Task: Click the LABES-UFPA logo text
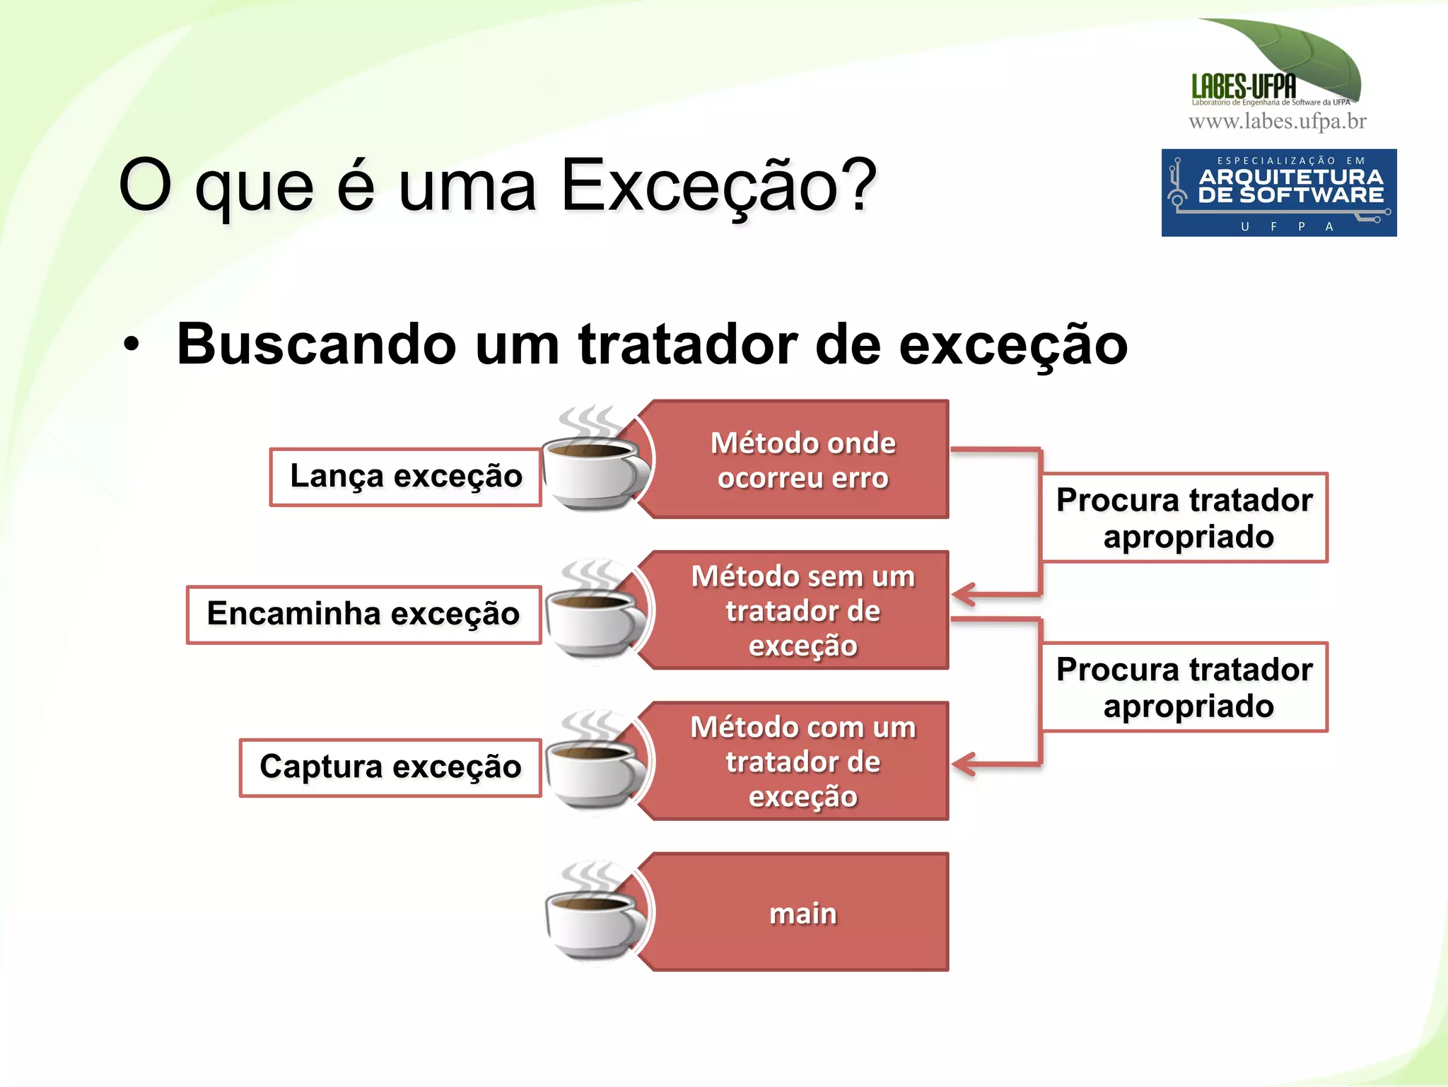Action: (1244, 87)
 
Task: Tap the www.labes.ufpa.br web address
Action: (1277, 122)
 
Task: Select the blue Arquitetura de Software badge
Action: (1278, 192)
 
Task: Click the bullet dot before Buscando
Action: (132, 345)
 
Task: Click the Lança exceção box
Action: (405, 477)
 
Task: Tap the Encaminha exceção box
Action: (363, 614)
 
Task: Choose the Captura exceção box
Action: (390, 767)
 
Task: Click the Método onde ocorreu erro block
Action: (802, 460)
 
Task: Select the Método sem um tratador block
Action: (802, 610)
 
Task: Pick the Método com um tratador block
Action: (802, 762)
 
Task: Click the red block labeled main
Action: (802, 913)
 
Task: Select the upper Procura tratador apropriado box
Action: (1184, 518)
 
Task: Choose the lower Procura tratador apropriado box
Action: (1184, 687)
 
